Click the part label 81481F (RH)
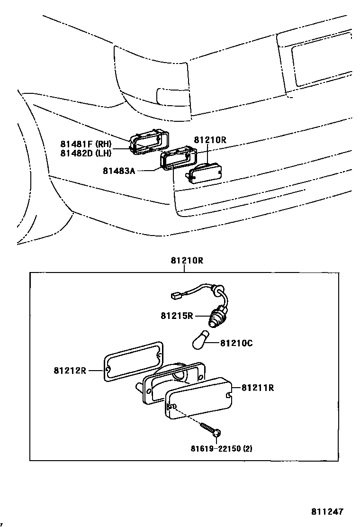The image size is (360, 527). point(85,144)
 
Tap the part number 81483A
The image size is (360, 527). point(119,170)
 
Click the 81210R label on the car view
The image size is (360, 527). point(210,140)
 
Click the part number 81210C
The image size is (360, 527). point(236,343)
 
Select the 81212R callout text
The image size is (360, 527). point(70,370)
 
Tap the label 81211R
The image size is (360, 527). point(258,388)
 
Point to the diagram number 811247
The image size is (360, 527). point(327,512)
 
